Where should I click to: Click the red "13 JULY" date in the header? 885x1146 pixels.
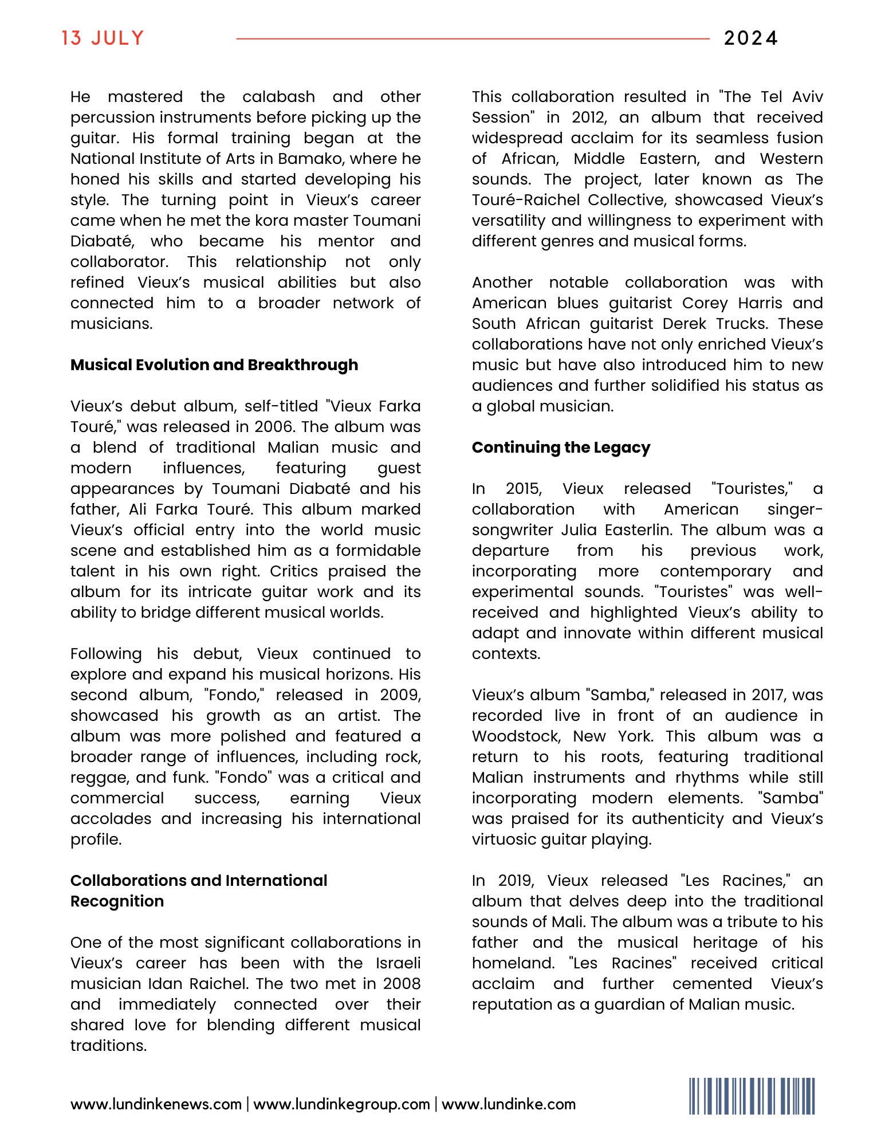(103, 38)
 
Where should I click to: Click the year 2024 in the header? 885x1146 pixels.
(750, 38)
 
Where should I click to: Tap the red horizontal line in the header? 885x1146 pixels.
(473, 39)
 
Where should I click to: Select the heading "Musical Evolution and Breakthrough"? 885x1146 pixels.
(214, 365)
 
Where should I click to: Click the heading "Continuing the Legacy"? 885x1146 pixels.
(561, 448)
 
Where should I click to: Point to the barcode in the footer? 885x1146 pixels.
(752, 1096)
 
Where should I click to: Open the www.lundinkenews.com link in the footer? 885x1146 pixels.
(156, 1104)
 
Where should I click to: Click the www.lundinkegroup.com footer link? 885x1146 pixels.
(341, 1104)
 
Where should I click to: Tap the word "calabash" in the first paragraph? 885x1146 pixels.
(278, 97)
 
